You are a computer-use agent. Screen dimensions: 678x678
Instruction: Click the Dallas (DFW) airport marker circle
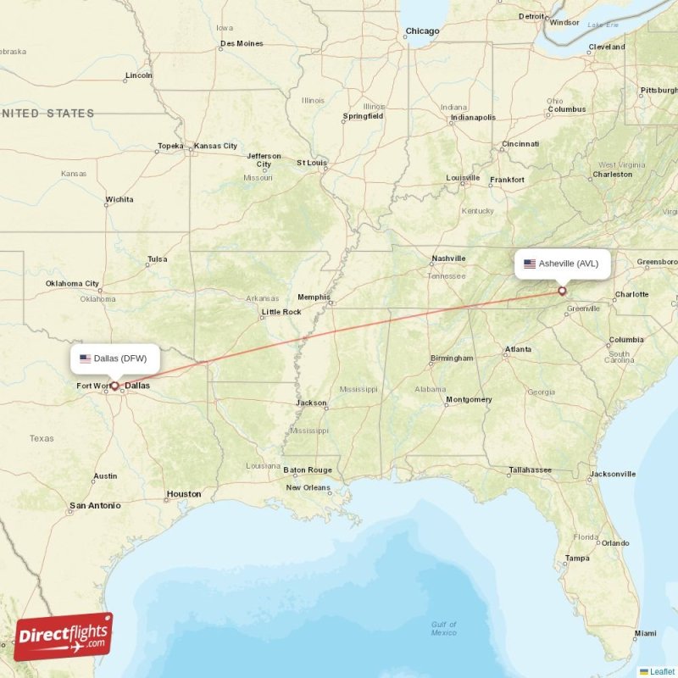[x=114, y=386]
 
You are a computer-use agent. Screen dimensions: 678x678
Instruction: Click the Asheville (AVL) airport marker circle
[x=561, y=291]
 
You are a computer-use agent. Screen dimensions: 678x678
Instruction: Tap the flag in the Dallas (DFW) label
[x=85, y=358]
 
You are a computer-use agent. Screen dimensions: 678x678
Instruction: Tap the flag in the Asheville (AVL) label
[x=530, y=264]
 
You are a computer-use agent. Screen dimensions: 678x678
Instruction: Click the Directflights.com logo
[x=64, y=636]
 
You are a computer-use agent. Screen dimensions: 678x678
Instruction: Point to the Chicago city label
[x=422, y=31]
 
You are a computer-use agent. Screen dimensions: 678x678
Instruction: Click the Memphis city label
[x=313, y=297]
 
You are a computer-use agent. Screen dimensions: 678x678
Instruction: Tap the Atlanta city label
[x=518, y=349]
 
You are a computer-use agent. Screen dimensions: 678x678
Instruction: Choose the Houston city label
[x=184, y=494]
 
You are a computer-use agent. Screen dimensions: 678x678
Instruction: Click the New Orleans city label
[x=308, y=487]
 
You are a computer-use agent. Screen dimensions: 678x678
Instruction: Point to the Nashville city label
[x=448, y=258]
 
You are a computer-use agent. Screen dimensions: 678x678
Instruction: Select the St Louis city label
[x=311, y=162]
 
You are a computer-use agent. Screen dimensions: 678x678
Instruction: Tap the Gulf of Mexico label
[x=443, y=629]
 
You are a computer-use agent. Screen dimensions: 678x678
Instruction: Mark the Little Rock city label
[x=281, y=312]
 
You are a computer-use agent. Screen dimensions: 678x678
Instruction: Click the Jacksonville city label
[x=612, y=474]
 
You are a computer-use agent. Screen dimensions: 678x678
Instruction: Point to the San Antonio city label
[x=95, y=505]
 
